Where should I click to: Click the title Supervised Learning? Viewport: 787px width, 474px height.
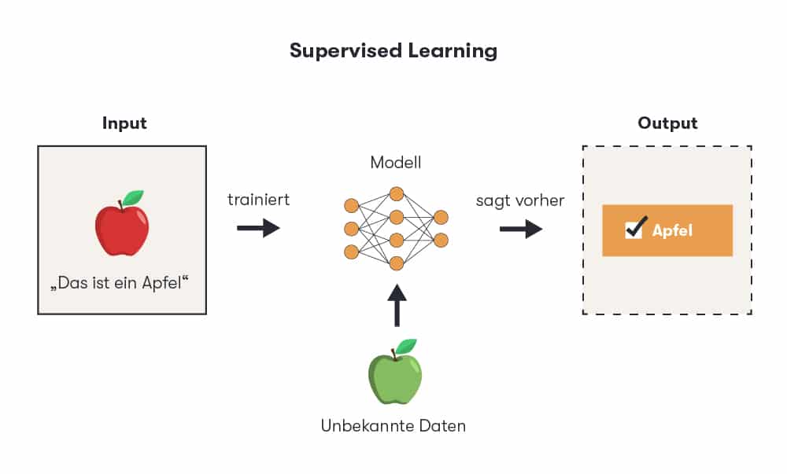click(393, 51)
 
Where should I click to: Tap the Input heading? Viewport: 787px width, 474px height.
click(124, 123)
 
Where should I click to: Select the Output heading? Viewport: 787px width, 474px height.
click(667, 123)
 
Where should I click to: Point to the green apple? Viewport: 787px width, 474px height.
click(394, 379)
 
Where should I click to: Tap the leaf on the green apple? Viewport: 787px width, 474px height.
click(406, 346)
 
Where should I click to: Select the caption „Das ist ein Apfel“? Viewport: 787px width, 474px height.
click(121, 282)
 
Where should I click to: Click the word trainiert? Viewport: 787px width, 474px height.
click(258, 200)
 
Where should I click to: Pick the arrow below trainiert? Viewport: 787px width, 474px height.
click(258, 229)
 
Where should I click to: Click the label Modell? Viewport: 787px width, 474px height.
click(396, 163)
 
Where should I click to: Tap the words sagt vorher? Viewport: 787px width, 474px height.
click(520, 200)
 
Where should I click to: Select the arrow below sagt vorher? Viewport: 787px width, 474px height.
click(521, 229)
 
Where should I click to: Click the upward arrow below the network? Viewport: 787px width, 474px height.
click(396, 305)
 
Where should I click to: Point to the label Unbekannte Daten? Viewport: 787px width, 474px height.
click(393, 426)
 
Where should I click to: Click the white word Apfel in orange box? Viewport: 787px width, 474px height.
click(672, 231)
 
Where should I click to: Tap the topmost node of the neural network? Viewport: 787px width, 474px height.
click(396, 193)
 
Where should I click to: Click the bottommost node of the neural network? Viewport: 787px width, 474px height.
click(396, 263)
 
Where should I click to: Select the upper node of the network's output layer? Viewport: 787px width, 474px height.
click(441, 217)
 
